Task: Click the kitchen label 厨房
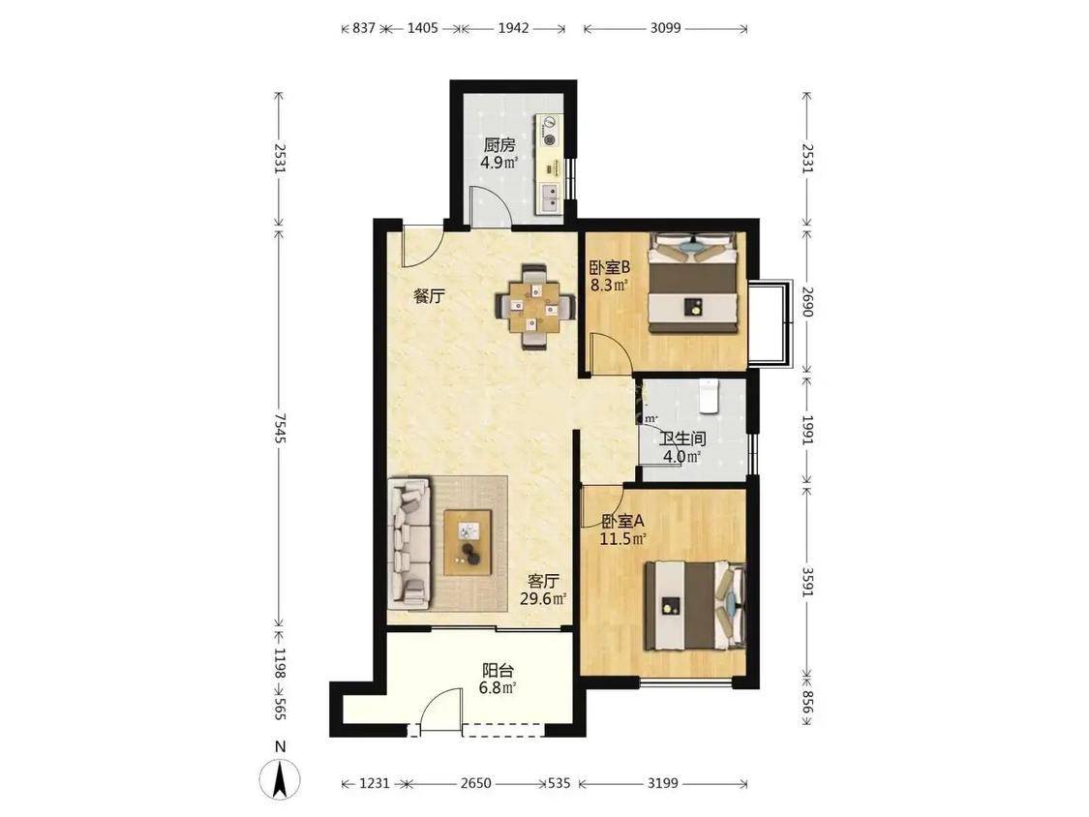[x=499, y=146]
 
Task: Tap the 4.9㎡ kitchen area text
[x=499, y=164]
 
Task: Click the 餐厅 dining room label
[x=429, y=296]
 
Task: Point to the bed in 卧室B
[x=692, y=284]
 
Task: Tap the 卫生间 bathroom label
[x=682, y=439]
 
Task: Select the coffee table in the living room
[x=469, y=542]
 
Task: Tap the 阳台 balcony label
[x=498, y=671]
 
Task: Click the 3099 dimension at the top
[x=665, y=28]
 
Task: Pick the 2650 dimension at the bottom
[x=475, y=784]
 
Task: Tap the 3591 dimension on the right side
[x=806, y=582]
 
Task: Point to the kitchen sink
[x=550, y=197]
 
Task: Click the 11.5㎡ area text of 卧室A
[x=623, y=538]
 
